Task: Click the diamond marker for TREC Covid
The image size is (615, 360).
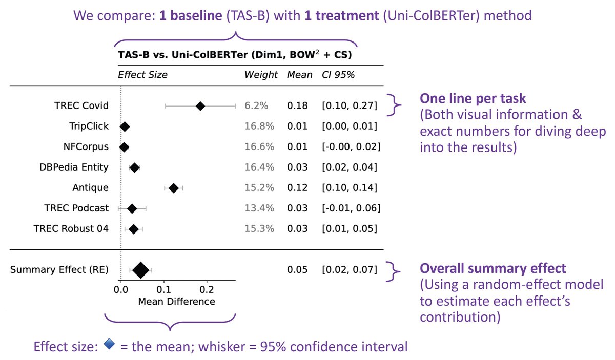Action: (200, 106)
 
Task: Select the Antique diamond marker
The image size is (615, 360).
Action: (174, 188)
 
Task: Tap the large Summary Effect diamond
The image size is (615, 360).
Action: (141, 270)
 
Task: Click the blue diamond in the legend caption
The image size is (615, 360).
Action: (109, 344)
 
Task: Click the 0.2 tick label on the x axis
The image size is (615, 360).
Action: (207, 289)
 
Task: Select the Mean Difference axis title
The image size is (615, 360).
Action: (176, 302)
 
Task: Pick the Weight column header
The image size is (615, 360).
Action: (261, 75)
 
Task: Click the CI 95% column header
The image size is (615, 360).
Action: (338, 75)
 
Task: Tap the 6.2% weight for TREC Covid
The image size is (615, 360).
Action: (256, 105)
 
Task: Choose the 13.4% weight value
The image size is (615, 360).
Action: (259, 208)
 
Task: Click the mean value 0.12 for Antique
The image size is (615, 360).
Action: (297, 188)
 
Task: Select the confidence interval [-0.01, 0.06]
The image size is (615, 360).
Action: (351, 208)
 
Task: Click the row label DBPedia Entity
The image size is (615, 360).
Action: (74, 167)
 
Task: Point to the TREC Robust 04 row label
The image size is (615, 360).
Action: (71, 228)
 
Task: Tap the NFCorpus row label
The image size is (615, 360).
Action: (86, 147)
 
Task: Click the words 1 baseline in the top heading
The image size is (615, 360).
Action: (191, 15)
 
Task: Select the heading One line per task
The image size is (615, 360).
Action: (473, 98)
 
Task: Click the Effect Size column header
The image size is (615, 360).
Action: (142, 75)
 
